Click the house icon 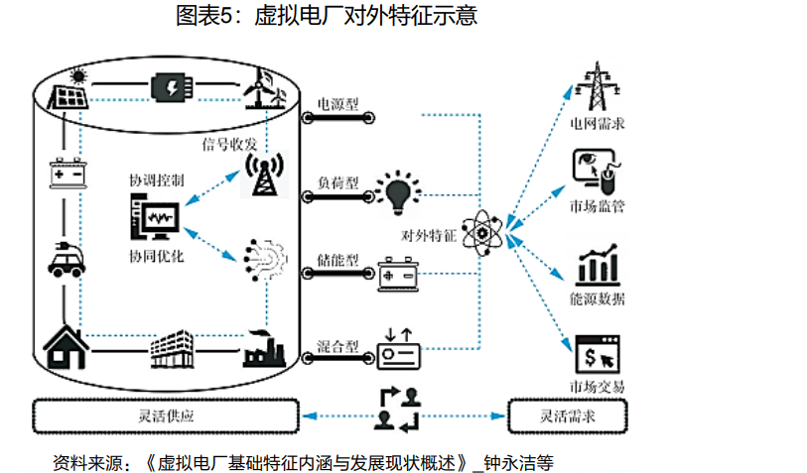tap(67, 346)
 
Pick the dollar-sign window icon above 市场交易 tap(597, 355)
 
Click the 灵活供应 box tap(166, 414)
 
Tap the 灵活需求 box tap(568, 414)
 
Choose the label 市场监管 tap(597, 206)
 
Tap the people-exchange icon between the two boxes tap(397, 409)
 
